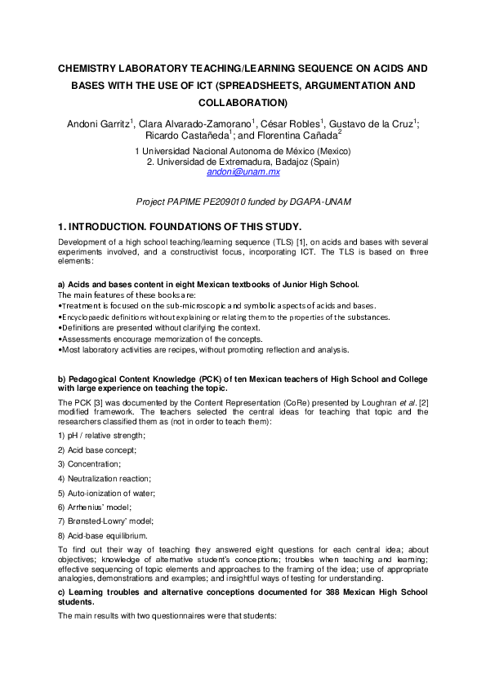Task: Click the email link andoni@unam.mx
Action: [243, 173]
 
